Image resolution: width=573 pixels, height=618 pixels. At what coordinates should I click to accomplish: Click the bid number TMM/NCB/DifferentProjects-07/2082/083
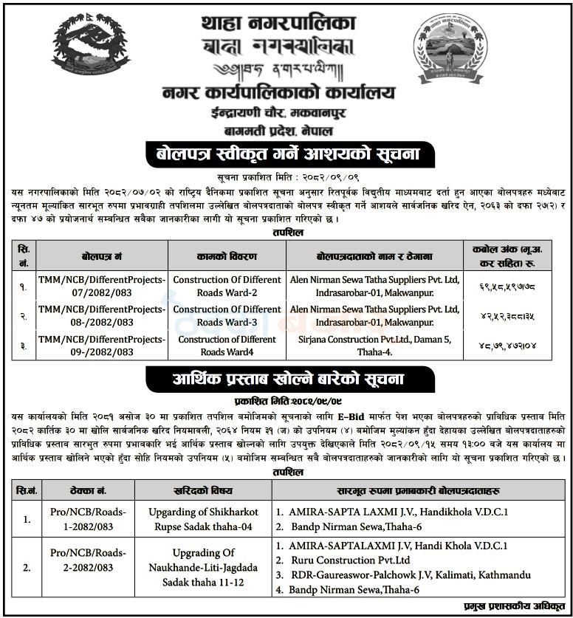click(x=101, y=286)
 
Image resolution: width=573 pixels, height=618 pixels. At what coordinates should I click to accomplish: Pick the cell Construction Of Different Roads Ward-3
click(x=227, y=316)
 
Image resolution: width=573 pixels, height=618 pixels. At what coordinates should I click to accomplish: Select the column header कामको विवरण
click(x=227, y=255)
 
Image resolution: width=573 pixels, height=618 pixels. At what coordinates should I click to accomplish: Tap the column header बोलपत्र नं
click(x=101, y=255)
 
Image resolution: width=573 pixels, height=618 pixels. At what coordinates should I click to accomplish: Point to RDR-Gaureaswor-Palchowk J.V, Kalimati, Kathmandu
click(x=411, y=574)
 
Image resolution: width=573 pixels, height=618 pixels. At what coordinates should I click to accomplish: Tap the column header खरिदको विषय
click(x=202, y=489)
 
